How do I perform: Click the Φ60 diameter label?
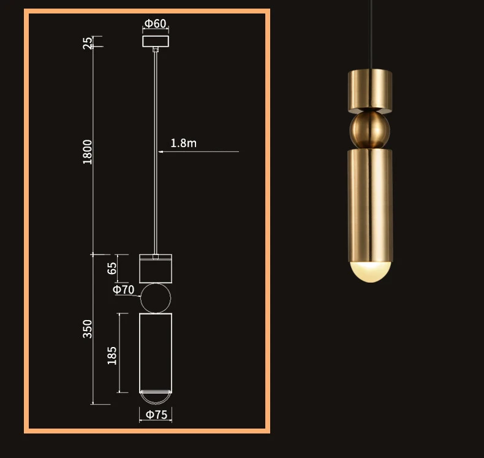[x=156, y=23]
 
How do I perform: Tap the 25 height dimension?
[x=88, y=43]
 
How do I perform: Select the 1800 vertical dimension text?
[x=88, y=152]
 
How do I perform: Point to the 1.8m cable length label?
[x=183, y=143]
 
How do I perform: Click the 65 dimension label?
[x=112, y=268]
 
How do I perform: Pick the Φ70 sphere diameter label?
[x=124, y=289]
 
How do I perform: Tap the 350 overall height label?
[x=88, y=329]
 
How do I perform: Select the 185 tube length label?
[x=112, y=356]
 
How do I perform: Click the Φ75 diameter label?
[x=156, y=414]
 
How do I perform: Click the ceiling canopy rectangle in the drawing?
[x=156, y=36]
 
